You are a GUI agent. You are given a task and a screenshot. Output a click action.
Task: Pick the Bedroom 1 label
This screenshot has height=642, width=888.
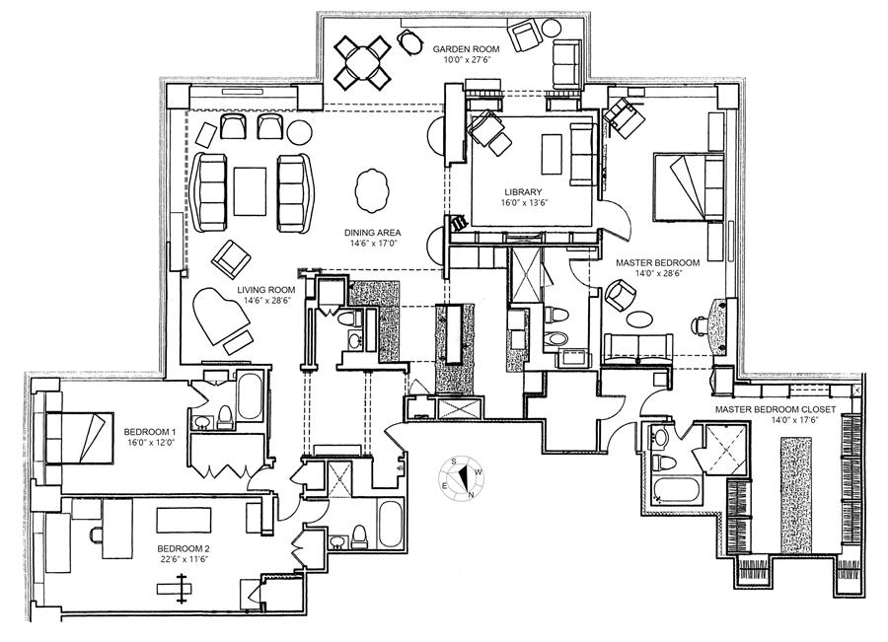point(150,432)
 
